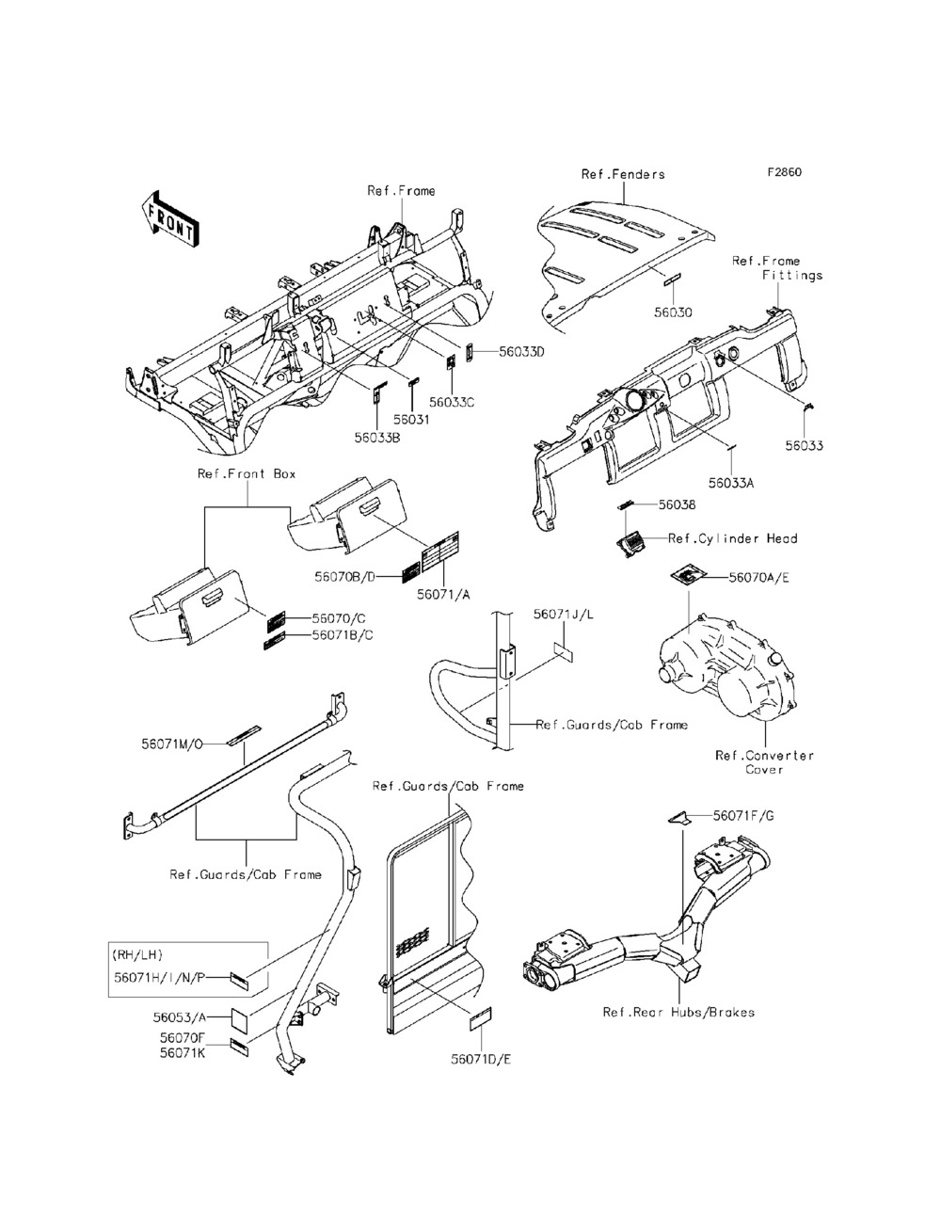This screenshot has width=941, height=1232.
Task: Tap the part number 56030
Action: pos(673,312)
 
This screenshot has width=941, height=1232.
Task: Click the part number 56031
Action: pos(411,420)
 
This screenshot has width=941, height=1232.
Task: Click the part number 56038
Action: pos(677,505)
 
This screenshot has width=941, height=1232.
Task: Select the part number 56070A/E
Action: pos(759,577)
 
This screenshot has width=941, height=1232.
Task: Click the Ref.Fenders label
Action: pos(623,174)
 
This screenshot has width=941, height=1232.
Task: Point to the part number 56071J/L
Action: pos(565,615)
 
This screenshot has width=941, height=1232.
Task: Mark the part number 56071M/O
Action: pos(172,744)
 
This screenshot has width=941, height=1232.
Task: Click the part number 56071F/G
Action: pos(743,816)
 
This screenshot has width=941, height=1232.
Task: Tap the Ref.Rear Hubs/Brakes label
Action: pos(678,1013)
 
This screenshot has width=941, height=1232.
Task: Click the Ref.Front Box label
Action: pos(247,473)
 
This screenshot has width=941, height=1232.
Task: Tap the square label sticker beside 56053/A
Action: pos(241,1017)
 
